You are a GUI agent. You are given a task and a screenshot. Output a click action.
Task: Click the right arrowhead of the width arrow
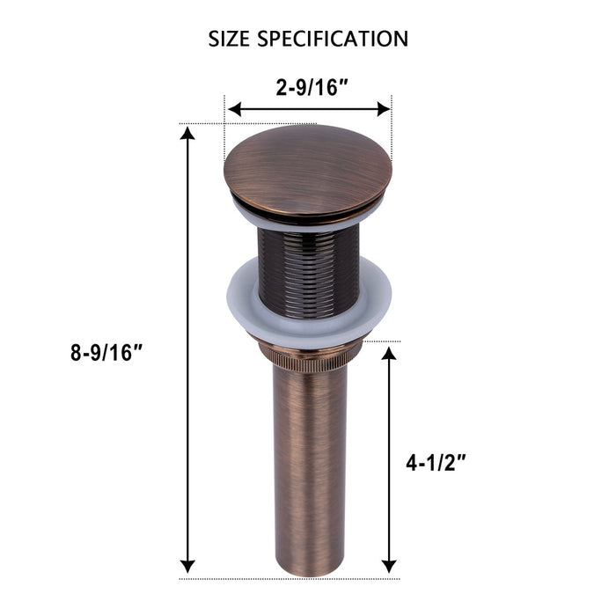coord(384,109)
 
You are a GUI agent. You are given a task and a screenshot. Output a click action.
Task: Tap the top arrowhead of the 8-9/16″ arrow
coord(187,134)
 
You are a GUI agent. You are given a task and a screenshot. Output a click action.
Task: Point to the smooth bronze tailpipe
coord(308,458)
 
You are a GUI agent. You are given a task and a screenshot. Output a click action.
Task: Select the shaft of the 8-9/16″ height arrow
coord(187,264)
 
